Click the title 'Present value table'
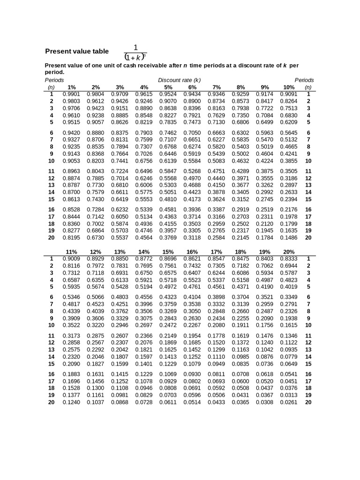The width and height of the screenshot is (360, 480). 76,52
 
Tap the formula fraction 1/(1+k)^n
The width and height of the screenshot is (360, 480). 135,52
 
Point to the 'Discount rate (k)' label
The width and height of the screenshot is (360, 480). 180,80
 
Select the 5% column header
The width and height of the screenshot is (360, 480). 168,87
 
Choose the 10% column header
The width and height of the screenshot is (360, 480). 289,87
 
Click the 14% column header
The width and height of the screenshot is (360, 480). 144,252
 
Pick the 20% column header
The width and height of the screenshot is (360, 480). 289,252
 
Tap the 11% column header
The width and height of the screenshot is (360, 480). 71,252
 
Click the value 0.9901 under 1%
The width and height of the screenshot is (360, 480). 71,94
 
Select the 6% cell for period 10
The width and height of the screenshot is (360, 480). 192,161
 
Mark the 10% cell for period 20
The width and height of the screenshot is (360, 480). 289,237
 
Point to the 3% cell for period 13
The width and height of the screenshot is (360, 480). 120,185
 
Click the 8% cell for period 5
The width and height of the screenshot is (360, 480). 240,122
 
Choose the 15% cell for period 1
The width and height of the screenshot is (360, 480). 168,259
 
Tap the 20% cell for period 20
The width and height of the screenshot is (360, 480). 289,402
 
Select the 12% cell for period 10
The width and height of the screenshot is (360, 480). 96,325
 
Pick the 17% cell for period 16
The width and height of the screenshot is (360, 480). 216,374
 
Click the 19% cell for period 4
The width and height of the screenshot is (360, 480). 265,280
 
